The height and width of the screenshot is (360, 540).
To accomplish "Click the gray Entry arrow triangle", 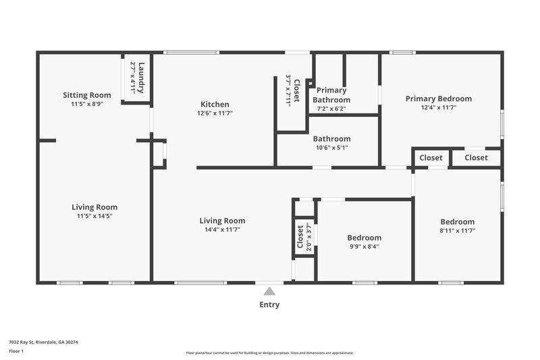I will [x=269, y=291].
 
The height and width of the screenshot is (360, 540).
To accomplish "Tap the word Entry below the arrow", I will [x=269, y=305].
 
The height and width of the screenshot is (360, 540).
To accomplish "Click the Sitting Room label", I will [x=86, y=95].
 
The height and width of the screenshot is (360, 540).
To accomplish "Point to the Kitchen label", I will [x=215, y=104].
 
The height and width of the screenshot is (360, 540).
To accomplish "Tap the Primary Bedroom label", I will [x=438, y=99].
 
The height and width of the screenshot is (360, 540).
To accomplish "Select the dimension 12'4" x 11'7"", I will [x=438, y=107].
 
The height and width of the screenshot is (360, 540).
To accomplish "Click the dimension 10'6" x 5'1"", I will [x=331, y=147].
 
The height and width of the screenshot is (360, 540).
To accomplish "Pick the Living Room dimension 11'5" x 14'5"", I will [x=94, y=216].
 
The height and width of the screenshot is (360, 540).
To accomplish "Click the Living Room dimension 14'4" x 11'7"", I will [x=222, y=230].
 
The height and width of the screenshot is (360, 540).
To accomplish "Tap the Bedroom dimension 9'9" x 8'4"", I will [x=364, y=247].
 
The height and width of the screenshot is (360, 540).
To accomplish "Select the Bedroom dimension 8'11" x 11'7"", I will [x=457, y=230].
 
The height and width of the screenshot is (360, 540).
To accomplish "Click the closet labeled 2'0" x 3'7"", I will [x=304, y=238].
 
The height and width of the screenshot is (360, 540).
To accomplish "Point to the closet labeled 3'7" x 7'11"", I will [x=292, y=91].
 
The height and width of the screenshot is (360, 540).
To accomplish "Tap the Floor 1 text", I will [x=16, y=352].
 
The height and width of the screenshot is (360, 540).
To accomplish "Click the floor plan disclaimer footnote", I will [x=269, y=353].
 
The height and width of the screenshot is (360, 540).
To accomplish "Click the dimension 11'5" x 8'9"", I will [x=86, y=104].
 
